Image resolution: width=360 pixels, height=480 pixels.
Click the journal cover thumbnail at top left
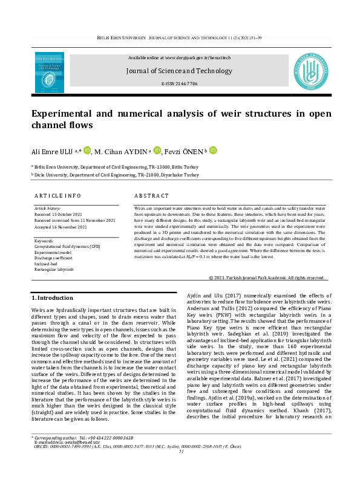(x=51, y=71)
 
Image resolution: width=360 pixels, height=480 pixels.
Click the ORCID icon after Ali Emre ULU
(x=87, y=149)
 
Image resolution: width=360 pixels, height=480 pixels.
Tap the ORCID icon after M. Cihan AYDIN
(x=158, y=149)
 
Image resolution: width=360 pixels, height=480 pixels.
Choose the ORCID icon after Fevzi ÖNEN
(x=213, y=149)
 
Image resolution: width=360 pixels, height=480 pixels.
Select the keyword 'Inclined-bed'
(x=47, y=263)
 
